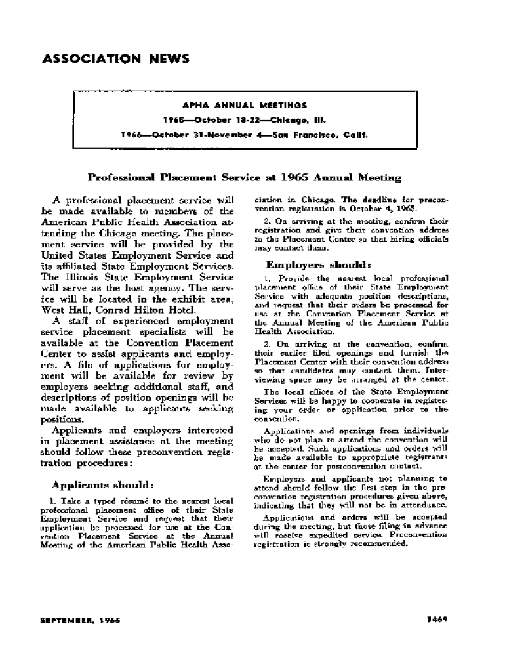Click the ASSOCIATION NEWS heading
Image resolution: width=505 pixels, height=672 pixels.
click(x=115, y=59)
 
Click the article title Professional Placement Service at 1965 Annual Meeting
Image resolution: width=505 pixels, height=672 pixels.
click(x=245, y=177)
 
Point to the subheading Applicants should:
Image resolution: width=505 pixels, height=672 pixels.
click(x=103, y=486)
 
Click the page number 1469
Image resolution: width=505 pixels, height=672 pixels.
click(x=437, y=619)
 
